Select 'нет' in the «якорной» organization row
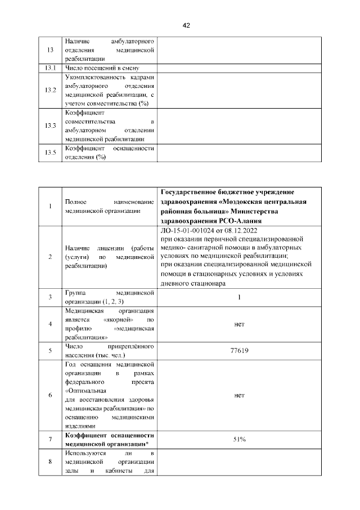(x=239, y=324)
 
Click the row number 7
(x=50, y=439)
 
